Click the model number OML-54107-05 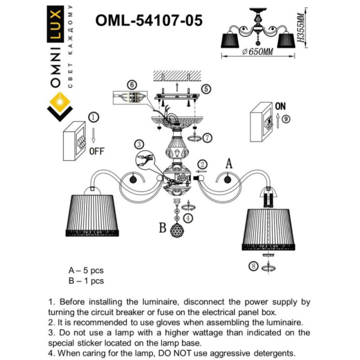tap(149, 20)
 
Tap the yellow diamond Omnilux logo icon tap(58, 106)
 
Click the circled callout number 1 tap(93, 117)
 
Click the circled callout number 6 tap(132, 85)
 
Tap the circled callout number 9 tap(286, 119)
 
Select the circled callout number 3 tap(139, 144)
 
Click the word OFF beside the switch tap(97, 151)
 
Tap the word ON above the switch tap(280, 106)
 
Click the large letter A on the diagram tap(229, 163)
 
